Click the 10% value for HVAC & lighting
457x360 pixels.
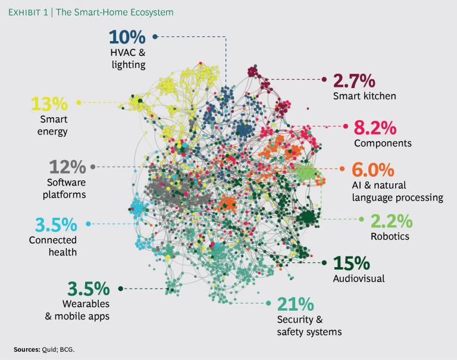(127, 37)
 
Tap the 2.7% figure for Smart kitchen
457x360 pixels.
(354, 80)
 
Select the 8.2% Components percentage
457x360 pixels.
(375, 127)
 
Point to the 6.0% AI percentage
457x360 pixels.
(373, 170)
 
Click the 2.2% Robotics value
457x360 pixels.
(391, 221)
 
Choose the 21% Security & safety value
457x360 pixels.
(295, 304)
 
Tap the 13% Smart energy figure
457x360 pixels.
(50, 104)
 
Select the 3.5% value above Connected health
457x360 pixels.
(56, 225)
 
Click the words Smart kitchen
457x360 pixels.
(364, 96)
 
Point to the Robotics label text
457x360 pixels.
(390, 236)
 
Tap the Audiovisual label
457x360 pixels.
(359, 278)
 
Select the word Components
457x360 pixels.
(383, 143)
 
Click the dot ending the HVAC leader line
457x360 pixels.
(155, 37)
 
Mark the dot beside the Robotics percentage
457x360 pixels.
(361, 219)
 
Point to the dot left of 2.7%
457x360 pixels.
(324, 79)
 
